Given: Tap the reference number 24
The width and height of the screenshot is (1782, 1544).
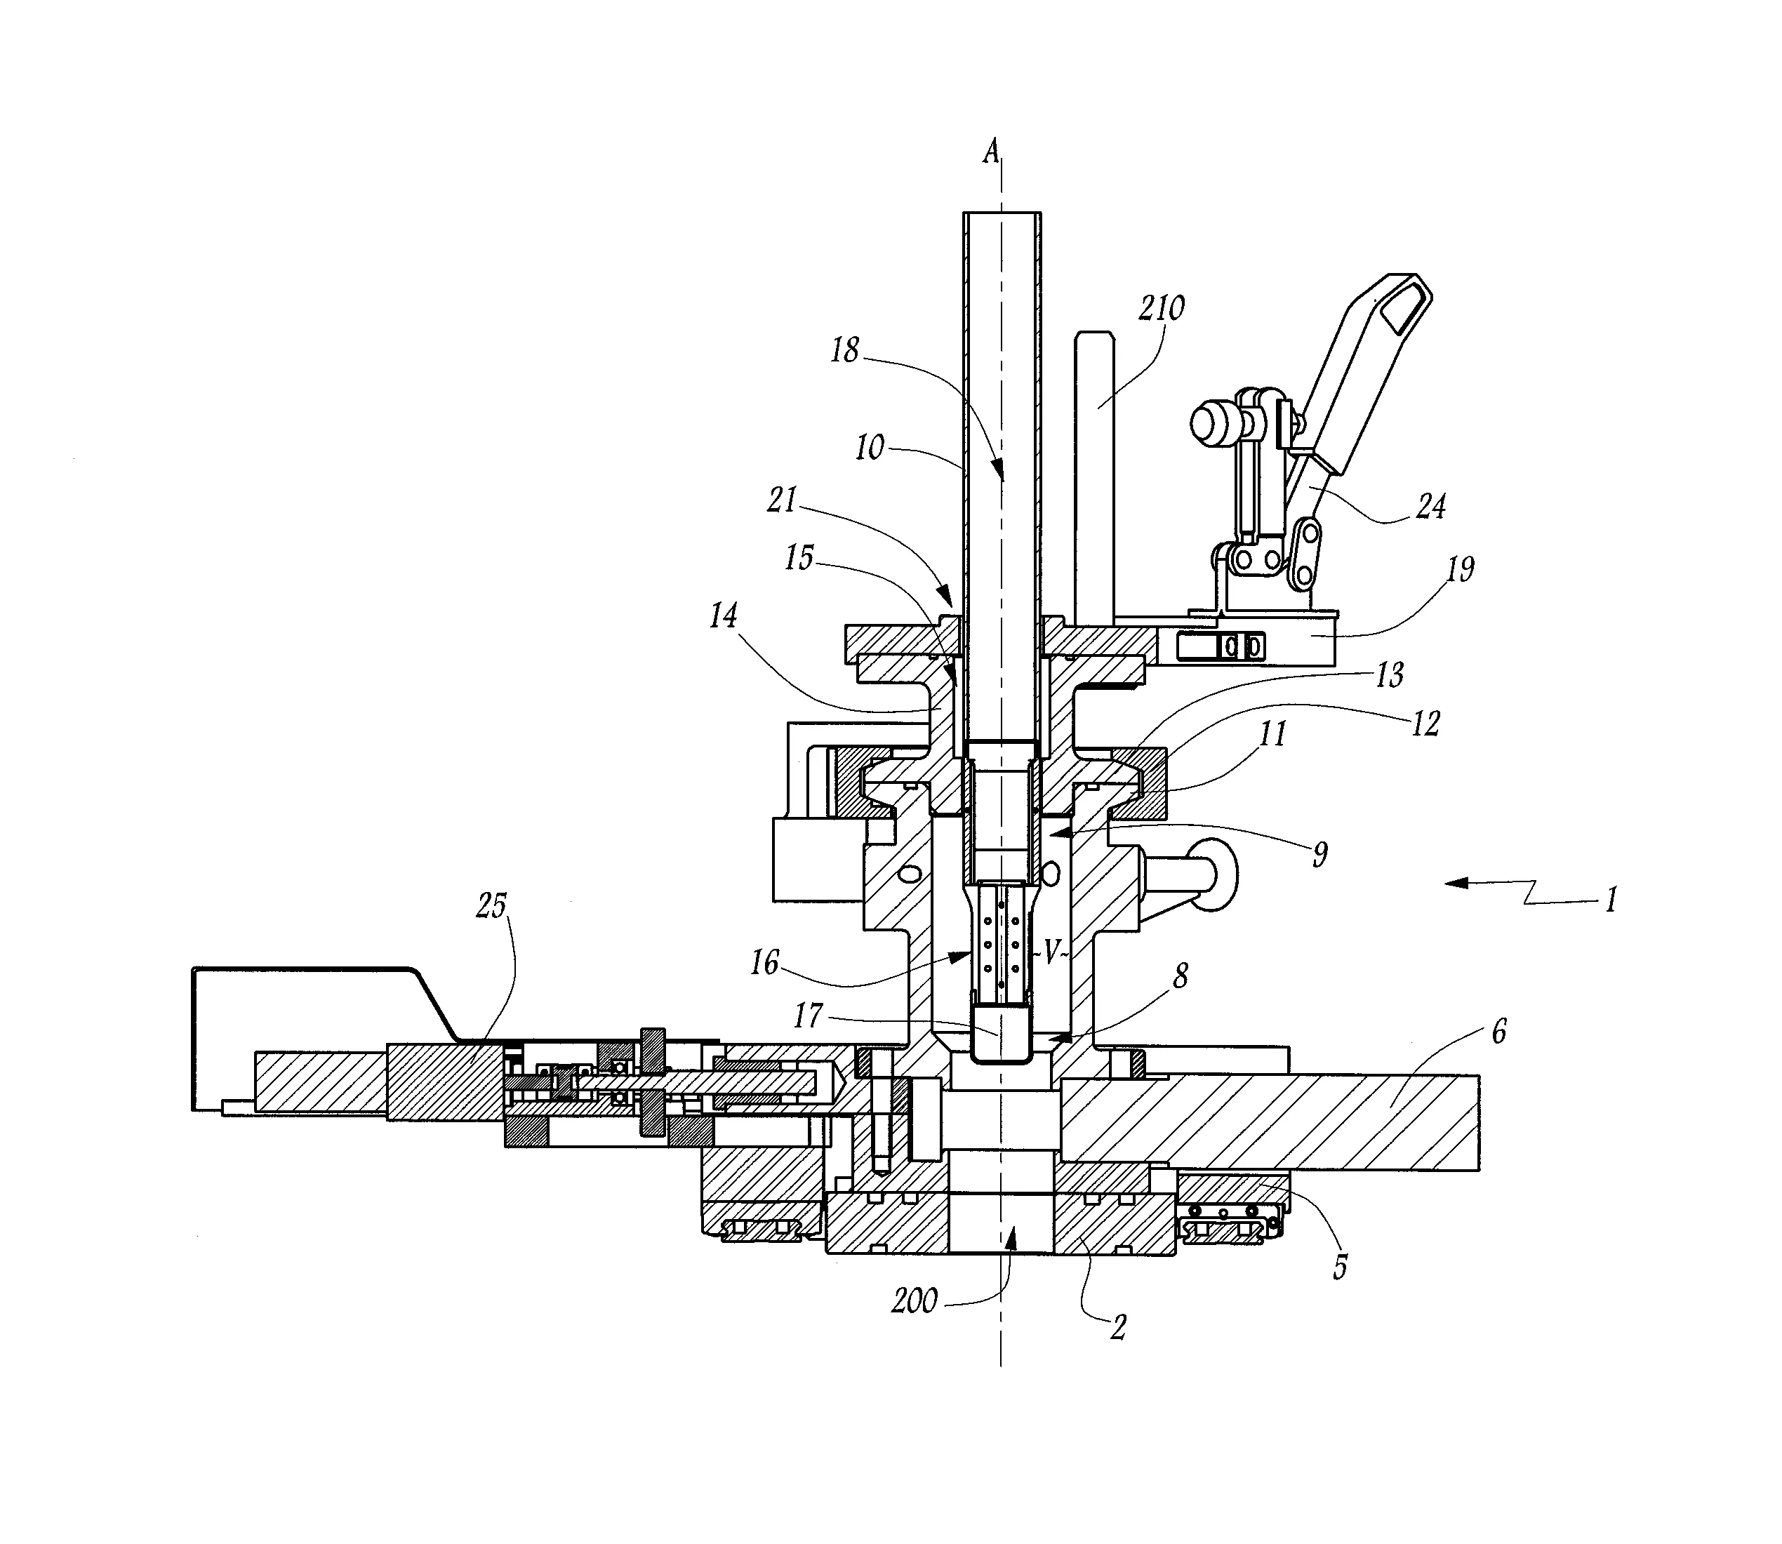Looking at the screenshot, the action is click(1430, 506).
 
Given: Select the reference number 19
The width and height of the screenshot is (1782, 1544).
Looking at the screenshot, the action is click(1460, 568).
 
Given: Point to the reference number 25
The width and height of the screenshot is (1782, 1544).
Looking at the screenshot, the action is click(491, 905).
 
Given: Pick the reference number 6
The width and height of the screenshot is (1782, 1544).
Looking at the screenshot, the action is click(1498, 1032).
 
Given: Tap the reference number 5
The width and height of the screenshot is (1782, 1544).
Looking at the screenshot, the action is click(1340, 1267).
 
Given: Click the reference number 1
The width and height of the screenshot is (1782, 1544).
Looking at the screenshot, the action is click(1609, 900).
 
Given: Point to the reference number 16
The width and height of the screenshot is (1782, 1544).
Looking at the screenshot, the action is click(764, 962).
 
